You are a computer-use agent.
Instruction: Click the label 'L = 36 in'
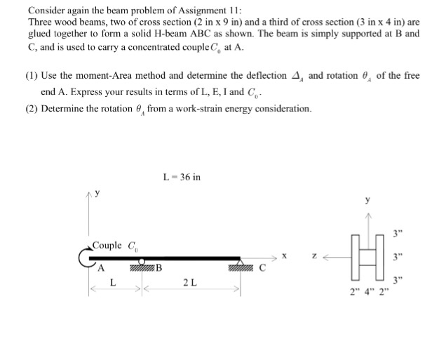click(181, 177)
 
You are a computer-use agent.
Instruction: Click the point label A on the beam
click(102, 266)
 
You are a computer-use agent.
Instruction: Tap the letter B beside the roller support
click(158, 266)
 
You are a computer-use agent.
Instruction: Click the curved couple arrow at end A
click(86, 255)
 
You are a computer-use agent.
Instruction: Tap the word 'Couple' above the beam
click(107, 245)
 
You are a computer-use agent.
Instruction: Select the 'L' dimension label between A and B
click(113, 282)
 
